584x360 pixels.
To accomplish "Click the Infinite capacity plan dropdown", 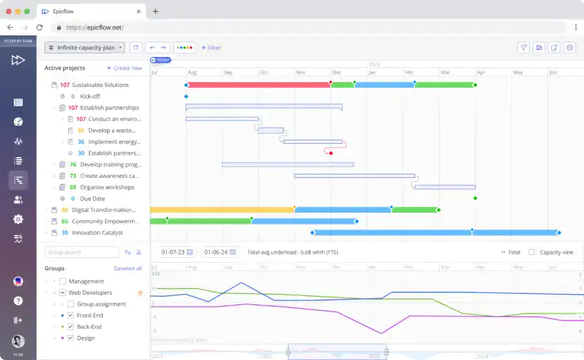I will point(84,47).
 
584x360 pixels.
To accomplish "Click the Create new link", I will point(124,68).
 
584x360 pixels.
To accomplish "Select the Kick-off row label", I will point(90,97).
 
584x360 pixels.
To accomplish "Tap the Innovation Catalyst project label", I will point(97,233).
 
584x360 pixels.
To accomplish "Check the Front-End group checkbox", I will point(70,316).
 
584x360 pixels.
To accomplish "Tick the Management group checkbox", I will point(63,281).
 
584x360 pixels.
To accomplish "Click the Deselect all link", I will point(128,268).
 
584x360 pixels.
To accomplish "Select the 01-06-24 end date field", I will point(216,252).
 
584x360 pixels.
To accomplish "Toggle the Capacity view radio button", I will point(532,252).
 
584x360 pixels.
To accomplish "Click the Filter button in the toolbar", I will point(211,48).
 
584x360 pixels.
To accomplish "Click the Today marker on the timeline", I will point(161,60).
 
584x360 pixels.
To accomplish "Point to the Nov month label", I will point(300,72).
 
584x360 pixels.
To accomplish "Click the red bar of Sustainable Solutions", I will point(258,85).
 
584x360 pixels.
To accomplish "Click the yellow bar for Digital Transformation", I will point(222,209).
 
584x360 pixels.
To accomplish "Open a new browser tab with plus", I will point(156,11).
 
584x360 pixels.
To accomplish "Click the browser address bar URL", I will point(95,27).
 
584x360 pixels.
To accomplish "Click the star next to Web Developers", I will point(140,293).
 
